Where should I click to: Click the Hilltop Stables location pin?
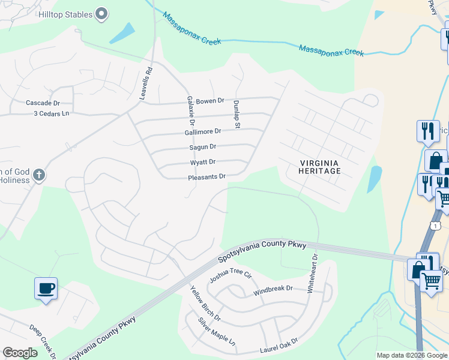point(101,14)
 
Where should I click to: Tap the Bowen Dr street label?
point(210,101)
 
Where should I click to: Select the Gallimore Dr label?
point(203,131)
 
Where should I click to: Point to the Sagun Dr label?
point(203,146)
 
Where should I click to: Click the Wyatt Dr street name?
point(203,162)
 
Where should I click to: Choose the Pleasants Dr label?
point(206,176)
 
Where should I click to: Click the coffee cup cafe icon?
point(46,289)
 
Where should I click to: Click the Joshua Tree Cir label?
point(229,277)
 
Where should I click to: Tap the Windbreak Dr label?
point(273,289)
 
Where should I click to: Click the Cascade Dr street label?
point(43,103)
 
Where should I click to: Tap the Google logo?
point(20,353)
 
